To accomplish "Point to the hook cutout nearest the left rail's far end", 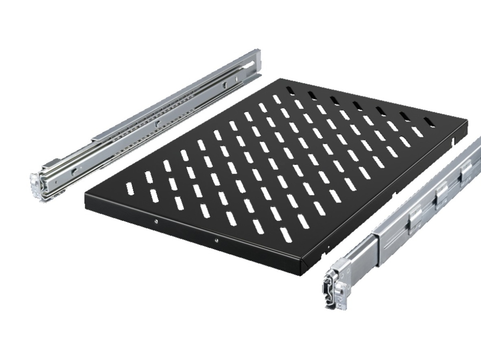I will (226, 85).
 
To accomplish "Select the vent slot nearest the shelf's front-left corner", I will (129, 188).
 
